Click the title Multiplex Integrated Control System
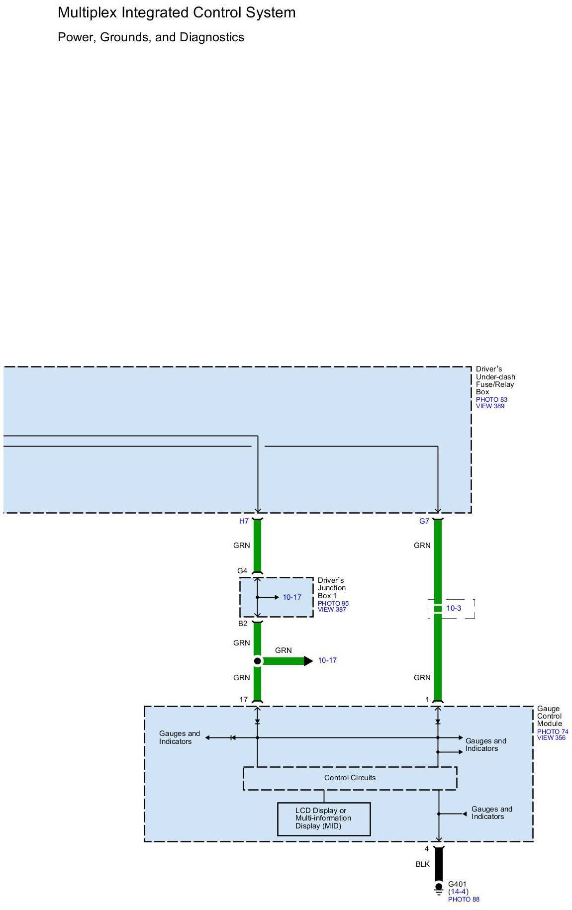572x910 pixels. click(177, 12)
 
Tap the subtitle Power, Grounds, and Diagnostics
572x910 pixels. click(151, 37)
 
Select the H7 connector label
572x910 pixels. click(244, 521)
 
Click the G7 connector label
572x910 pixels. click(424, 521)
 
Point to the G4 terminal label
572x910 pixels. click(242, 571)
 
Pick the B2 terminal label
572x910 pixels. click(242, 624)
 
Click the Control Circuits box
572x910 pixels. click(350, 778)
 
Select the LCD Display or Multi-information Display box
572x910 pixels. click(323, 818)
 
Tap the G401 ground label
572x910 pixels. click(457, 884)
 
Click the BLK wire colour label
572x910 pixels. click(422, 864)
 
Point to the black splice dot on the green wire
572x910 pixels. click(257, 661)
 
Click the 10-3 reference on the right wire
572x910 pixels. click(454, 608)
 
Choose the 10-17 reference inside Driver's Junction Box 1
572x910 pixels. click(292, 597)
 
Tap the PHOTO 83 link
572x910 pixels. click(491, 399)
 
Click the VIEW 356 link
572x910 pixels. click(551, 738)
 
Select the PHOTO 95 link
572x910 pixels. click(333, 604)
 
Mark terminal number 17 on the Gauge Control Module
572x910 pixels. click(243, 700)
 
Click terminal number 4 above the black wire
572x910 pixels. click(427, 849)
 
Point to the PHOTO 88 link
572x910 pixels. click(464, 899)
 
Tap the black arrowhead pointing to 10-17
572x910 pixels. click(308, 661)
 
